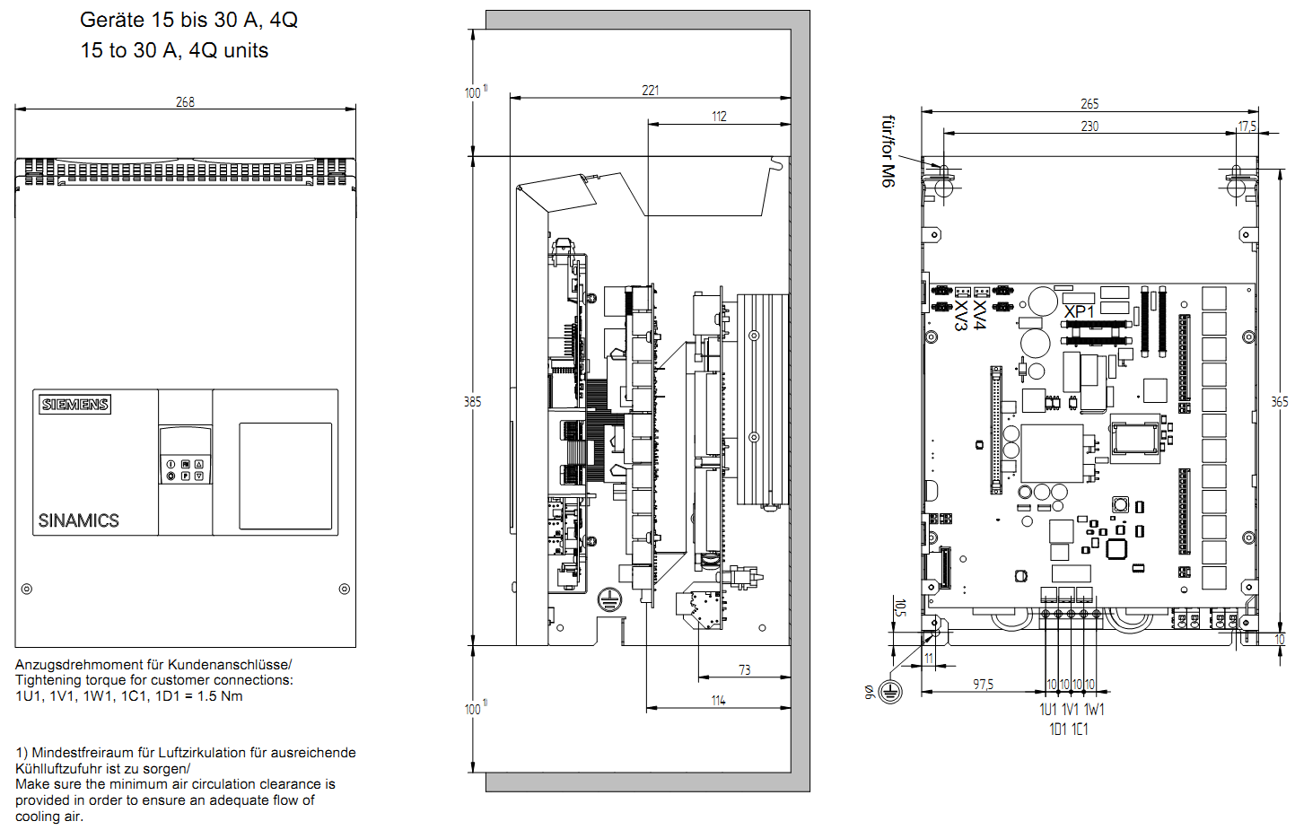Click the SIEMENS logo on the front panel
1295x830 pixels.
[x=75, y=404]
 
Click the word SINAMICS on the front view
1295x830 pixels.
[x=78, y=520]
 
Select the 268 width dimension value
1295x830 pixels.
[x=185, y=102]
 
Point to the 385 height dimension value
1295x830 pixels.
[x=472, y=402]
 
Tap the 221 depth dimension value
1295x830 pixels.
[x=651, y=91]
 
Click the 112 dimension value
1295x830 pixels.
[x=719, y=117]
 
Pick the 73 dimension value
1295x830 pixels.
[x=744, y=670]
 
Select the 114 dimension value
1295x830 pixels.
[x=718, y=701]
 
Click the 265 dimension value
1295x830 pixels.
[x=1089, y=104]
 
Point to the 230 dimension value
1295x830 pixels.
[x=1089, y=127]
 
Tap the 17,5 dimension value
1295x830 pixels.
[x=1247, y=127]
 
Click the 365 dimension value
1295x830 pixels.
[x=1279, y=402]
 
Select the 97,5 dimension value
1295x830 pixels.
[x=983, y=685]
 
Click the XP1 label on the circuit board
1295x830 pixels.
[x=1079, y=311]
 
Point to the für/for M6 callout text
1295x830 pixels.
[x=888, y=151]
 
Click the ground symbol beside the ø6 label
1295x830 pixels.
[x=890, y=691]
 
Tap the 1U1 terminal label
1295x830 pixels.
[x=1048, y=710]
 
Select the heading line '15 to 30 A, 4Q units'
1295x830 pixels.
[x=174, y=50]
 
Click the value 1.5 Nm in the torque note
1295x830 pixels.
[x=220, y=696]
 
